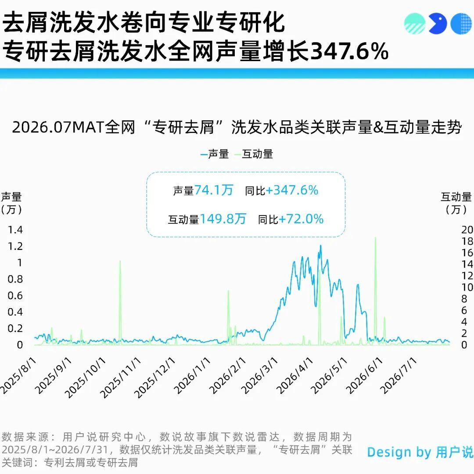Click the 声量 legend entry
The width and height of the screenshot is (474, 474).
coord(215,154)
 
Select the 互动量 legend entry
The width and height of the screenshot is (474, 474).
coord(254,154)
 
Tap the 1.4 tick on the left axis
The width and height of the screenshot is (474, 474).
coord(15,230)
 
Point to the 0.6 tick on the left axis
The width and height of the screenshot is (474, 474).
coord(15,296)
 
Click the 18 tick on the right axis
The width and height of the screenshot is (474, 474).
coord(467,241)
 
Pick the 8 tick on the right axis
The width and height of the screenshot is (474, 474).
coord(464,299)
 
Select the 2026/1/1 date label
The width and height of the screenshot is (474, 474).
coord(192,375)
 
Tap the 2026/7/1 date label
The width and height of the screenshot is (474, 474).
coord(399,375)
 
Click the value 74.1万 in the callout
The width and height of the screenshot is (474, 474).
coord(214,190)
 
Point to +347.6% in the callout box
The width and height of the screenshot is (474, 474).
coord(292,190)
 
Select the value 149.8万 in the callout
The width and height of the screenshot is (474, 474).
coord(223,219)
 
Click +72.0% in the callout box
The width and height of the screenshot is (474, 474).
coord(301,219)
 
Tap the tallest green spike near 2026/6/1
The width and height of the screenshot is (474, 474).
coord(375,238)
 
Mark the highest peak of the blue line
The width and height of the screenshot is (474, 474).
coord(320,246)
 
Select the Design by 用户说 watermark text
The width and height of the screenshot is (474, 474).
coord(420,452)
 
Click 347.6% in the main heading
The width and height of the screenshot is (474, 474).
coord(349,50)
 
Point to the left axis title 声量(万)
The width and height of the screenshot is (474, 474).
coord(11,203)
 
